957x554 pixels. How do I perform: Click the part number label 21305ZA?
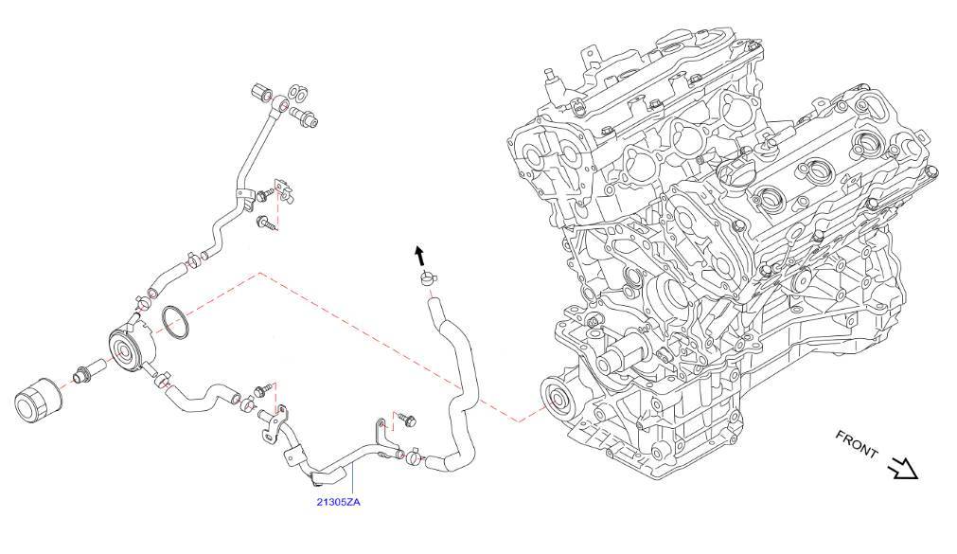click(x=338, y=502)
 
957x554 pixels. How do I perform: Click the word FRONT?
click(x=858, y=446)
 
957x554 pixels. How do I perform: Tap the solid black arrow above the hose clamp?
click(x=417, y=254)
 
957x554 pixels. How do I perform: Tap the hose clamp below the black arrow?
click(x=426, y=280)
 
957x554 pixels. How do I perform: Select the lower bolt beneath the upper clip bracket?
click(x=266, y=224)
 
